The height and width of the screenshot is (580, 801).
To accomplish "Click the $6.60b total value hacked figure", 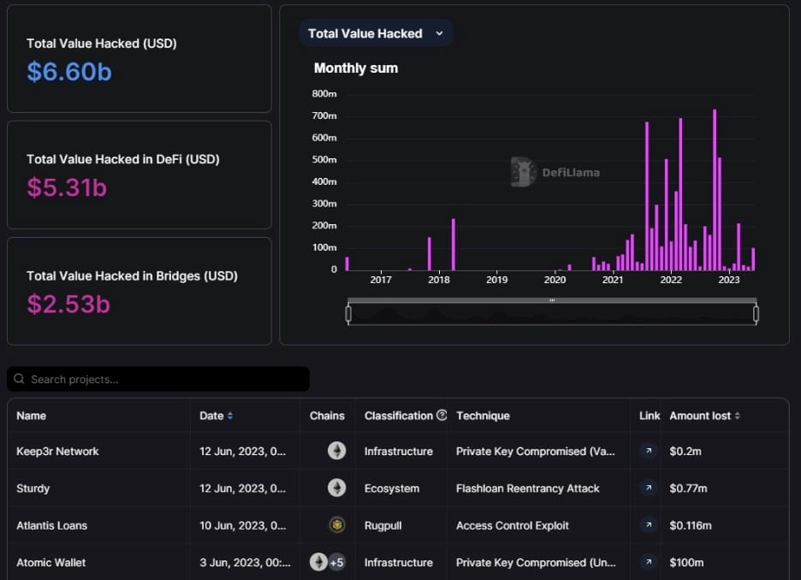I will point(69,72).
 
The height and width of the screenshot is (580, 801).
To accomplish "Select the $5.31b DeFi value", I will point(67,187).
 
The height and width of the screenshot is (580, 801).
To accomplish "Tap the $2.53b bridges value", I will point(68,304).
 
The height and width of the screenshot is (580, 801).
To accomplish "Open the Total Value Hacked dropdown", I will point(376,33).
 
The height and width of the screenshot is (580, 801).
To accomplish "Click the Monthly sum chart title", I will point(356,68).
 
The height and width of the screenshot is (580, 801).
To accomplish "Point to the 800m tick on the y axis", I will point(324,93).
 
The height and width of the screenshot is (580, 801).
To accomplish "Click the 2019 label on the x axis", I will point(496,280).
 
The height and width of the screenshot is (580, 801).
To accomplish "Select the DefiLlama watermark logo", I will point(524,172).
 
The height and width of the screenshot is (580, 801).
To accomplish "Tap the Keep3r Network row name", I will point(57,452).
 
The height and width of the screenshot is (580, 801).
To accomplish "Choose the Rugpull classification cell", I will point(387,525).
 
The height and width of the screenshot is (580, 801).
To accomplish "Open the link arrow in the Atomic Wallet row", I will point(649,562).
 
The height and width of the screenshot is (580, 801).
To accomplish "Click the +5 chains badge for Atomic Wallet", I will point(336,562).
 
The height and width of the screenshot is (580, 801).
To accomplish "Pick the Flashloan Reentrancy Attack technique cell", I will point(528,488).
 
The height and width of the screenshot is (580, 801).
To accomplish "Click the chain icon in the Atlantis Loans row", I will point(337,525).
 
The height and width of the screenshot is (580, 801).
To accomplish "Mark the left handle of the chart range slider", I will point(348,314).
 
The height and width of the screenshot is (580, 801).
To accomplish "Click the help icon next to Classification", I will point(442,416).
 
